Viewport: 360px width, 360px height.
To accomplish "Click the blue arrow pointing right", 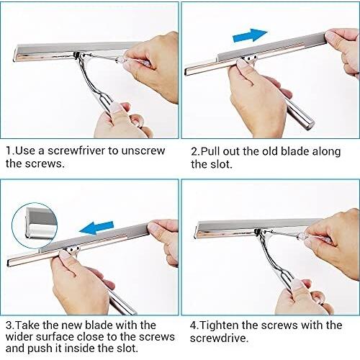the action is point(250,35).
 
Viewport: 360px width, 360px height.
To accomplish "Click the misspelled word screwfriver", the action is point(76,151).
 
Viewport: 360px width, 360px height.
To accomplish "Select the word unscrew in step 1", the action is point(143,151).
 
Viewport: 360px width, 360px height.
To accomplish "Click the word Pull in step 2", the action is point(209,151).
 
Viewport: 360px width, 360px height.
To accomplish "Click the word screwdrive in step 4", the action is point(218,338).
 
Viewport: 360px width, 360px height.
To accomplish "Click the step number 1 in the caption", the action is point(9,151).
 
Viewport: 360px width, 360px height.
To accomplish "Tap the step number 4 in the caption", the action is point(194,325).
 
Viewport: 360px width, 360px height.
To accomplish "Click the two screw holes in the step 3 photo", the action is point(74,249).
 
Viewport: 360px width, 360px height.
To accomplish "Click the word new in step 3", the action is point(72,325).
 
